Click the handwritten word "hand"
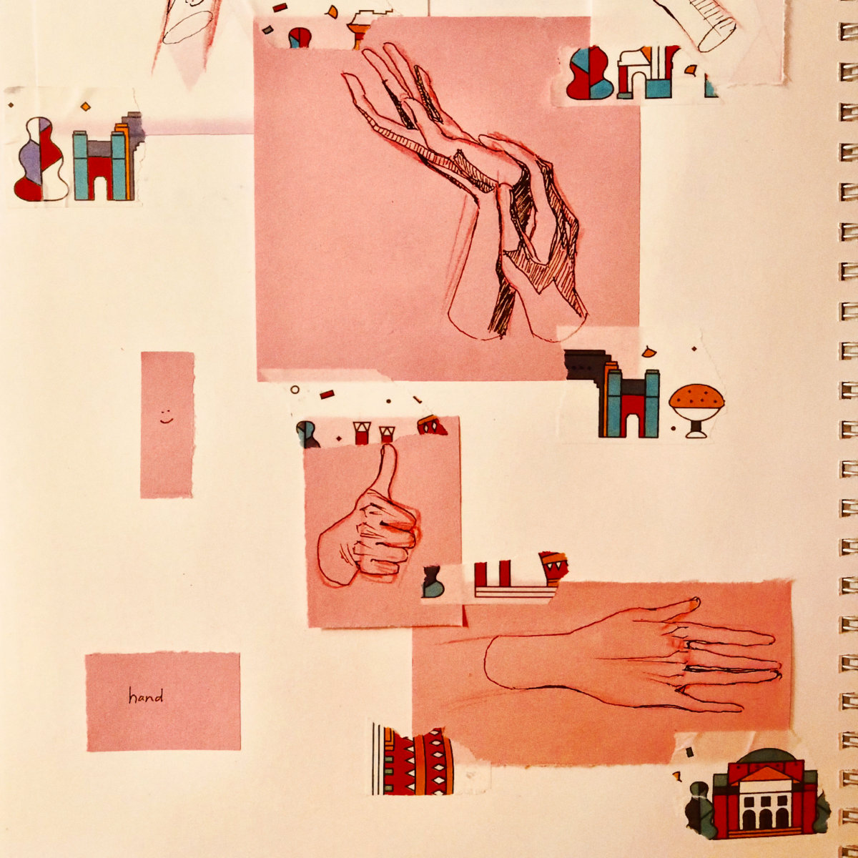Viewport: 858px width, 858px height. click(x=146, y=696)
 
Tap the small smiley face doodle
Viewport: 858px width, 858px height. click(x=166, y=415)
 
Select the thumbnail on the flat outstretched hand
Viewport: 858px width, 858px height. click(x=694, y=603)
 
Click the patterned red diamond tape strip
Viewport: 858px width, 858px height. click(x=413, y=761)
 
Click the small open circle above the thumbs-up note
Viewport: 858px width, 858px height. click(x=295, y=390)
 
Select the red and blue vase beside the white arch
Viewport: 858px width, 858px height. click(x=588, y=73)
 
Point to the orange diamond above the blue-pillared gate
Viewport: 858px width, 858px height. click(x=85, y=107)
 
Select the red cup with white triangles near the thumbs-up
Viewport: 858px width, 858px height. click(x=553, y=568)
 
